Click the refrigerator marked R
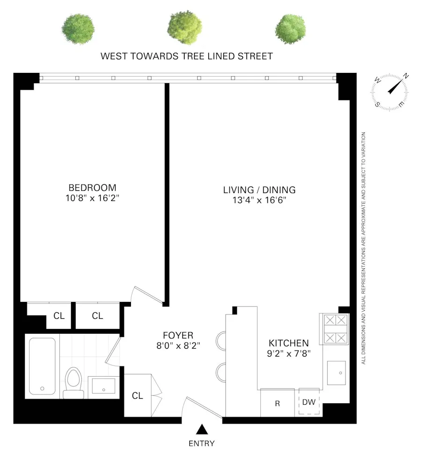pos(277,403)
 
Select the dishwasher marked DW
pos(309,402)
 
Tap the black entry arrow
pos(202,429)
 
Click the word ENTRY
pos(202,444)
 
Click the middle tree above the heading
pos(185,28)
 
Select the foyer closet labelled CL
pos(137,395)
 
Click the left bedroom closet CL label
pos(59,316)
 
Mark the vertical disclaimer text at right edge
pos(363,248)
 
